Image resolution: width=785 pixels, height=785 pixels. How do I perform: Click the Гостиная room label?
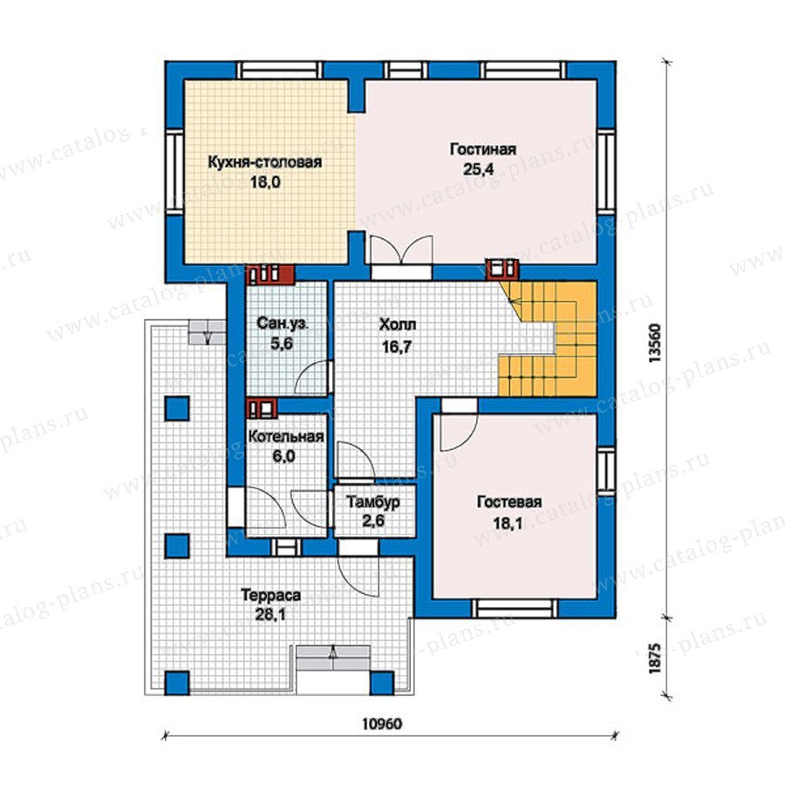(x=482, y=149)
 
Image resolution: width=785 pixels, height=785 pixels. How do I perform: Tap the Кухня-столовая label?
(x=265, y=162)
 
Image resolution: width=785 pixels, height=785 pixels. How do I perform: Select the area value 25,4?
(x=478, y=169)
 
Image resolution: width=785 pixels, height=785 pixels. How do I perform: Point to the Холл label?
(x=398, y=325)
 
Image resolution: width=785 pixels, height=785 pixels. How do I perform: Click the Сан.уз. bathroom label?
(x=283, y=324)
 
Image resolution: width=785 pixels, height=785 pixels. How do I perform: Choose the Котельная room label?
(x=286, y=437)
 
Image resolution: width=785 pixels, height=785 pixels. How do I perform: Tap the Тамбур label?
(x=373, y=502)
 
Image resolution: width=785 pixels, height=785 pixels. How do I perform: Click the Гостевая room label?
(x=509, y=502)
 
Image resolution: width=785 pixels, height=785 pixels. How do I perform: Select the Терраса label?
(x=271, y=595)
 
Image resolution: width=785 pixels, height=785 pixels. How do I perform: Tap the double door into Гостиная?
(x=400, y=249)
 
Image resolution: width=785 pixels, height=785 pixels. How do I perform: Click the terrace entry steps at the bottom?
(x=333, y=658)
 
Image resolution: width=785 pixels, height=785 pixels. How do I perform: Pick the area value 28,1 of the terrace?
(x=270, y=614)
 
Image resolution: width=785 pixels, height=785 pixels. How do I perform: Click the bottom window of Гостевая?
(x=515, y=608)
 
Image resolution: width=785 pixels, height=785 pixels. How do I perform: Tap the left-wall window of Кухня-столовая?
(x=174, y=173)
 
